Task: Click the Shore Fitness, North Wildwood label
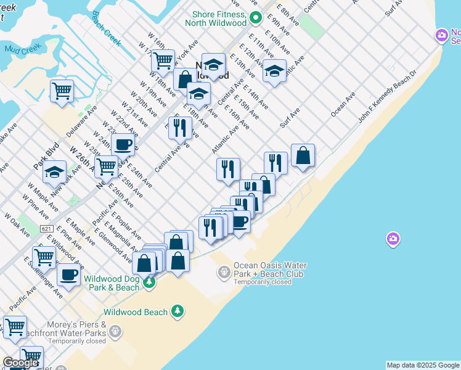[219, 18]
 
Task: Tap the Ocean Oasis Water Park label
[269, 269]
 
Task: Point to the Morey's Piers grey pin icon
[114, 332]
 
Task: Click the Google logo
[20, 363]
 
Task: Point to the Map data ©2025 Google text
[422, 365]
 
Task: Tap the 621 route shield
[47, 229]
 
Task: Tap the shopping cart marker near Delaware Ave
[62, 91]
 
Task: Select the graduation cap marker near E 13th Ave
[274, 71]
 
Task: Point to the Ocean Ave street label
[343, 104]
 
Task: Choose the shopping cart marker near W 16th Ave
[163, 61]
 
